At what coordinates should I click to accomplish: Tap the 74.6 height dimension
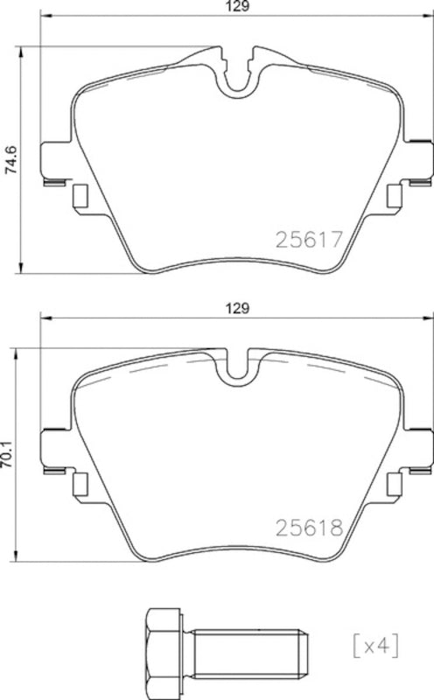click(10, 161)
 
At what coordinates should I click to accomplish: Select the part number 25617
click(307, 239)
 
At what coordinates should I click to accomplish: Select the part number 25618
click(307, 528)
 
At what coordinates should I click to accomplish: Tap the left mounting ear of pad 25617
click(55, 162)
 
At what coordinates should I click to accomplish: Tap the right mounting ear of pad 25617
click(417, 162)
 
